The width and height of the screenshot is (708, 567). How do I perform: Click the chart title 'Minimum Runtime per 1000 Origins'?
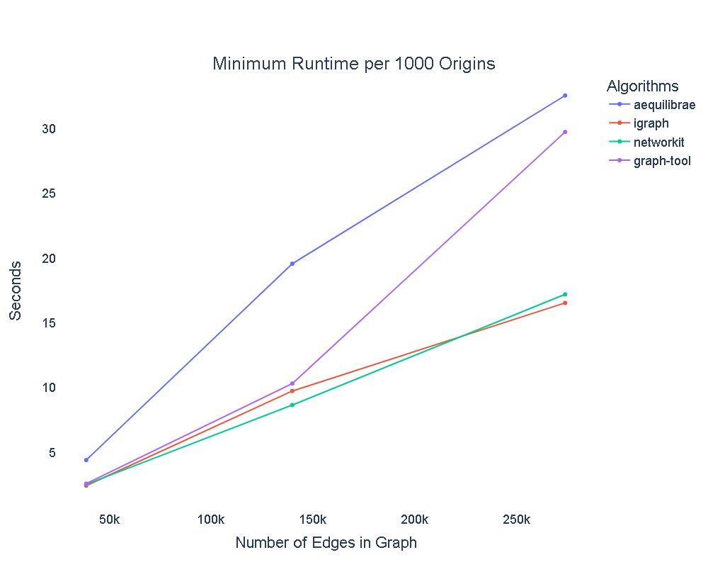(x=353, y=64)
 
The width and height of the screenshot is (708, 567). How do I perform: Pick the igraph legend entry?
(x=651, y=123)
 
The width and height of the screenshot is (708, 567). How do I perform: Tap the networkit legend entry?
(x=658, y=142)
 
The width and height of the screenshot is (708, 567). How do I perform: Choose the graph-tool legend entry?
(x=662, y=161)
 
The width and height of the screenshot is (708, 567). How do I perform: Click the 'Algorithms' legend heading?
(x=643, y=86)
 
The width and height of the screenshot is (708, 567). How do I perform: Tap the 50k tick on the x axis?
(x=109, y=520)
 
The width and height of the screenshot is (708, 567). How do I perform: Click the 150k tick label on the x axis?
(x=312, y=520)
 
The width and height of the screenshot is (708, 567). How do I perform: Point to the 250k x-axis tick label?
(x=515, y=520)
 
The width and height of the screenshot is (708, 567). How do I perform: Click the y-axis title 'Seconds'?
(x=15, y=290)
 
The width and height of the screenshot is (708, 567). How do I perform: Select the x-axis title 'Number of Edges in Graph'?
(x=326, y=543)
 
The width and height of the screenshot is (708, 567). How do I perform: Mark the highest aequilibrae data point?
(x=565, y=95)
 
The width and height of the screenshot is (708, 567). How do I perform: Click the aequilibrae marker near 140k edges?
(x=292, y=264)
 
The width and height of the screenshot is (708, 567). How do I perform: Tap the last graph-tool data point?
(x=565, y=132)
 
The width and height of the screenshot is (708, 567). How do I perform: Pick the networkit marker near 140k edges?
(x=292, y=405)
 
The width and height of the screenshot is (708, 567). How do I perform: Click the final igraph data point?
(x=565, y=303)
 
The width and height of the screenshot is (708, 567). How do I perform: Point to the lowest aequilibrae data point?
(x=86, y=460)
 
